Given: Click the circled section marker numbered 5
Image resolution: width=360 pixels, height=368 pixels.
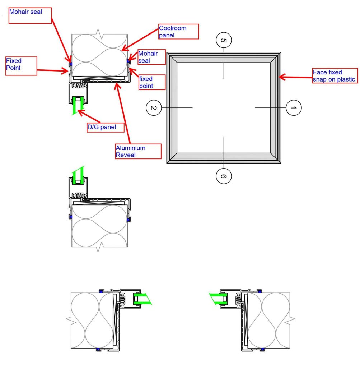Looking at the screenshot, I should click(223, 40).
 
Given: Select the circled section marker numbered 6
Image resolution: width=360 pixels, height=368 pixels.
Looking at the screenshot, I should click(223, 176).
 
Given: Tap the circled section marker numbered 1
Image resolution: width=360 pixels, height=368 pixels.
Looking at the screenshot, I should click(293, 107).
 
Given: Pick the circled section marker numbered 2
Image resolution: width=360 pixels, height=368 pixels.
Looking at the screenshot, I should click(154, 107).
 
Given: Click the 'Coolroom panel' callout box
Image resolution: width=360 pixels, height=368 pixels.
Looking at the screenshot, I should click(178, 32).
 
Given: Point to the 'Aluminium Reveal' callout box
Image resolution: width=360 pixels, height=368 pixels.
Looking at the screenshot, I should click(137, 151).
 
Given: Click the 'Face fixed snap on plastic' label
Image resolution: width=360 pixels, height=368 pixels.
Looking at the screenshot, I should click(335, 76).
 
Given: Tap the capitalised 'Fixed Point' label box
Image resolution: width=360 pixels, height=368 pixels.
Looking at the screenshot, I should click(21, 65).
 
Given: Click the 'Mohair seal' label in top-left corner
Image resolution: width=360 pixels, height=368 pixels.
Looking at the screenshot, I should click(30, 16).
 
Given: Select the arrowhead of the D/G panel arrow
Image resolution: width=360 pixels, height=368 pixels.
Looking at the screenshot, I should click(80, 112).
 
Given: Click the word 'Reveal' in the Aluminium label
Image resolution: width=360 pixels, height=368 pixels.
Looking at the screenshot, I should click(124, 155).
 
